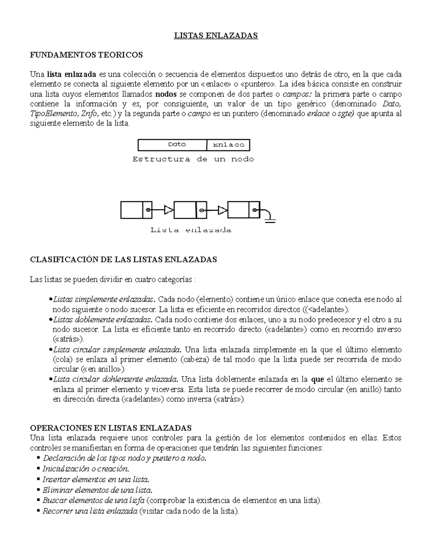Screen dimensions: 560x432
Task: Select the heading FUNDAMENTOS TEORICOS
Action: pyautogui.click(x=86, y=55)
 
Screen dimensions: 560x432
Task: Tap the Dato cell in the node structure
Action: pyautogui.click(x=177, y=145)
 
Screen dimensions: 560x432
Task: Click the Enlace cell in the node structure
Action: pyautogui.click(x=229, y=145)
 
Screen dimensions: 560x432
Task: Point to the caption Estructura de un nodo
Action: pyautogui.click(x=193, y=159)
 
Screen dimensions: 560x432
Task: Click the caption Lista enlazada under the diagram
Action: pyautogui.click(x=191, y=230)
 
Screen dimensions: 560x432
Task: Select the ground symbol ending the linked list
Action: pyautogui.click(x=270, y=220)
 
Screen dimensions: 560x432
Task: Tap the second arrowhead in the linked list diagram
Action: pyautogui.click(x=222, y=210)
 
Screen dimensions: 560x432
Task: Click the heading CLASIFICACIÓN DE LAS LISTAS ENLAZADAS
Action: pyautogui.click(x=123, y=260)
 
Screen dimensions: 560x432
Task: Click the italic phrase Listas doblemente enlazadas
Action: pyautogui.click(x=103, y=319)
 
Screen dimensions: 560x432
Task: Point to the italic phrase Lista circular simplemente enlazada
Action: pyautogui.click(x=118, y=349)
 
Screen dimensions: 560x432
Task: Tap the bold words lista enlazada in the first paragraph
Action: pyautogui.click(x=71, y=74)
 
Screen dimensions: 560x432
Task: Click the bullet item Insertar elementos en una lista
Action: pyautogui.click(x=96, y=479)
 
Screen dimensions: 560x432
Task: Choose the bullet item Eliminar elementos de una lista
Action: pyautogui.click(x=97, y=490)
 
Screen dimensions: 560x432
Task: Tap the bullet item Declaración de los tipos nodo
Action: pyautogui.click(x=124, y=458)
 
